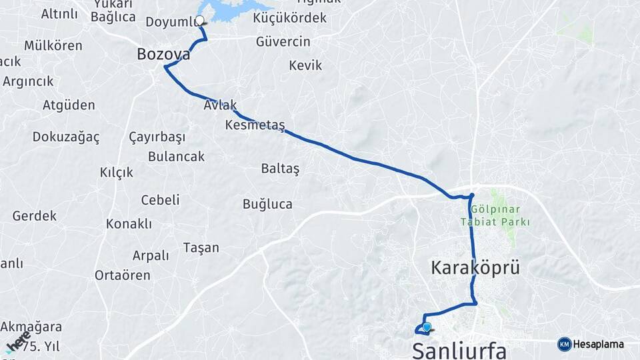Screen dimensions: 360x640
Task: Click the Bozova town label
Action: tap(163, 54)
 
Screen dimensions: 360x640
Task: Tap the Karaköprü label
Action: tap(475, 268)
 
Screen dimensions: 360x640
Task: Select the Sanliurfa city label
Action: tap(459, 351)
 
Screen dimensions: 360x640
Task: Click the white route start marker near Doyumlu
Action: tap(199, 21)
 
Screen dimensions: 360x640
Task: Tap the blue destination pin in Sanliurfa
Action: tap(427, 327)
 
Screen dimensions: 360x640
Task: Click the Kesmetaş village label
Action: tap(255, 125)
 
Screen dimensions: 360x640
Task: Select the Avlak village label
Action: tap(221, 105)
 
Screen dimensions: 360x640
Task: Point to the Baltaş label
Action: tap(280, 169)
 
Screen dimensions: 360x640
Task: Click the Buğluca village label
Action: tap(267, 204)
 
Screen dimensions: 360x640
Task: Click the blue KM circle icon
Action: tap(564, 344)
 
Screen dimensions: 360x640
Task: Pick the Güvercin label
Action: tap(283, 42)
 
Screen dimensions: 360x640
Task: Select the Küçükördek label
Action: tap(290, 18)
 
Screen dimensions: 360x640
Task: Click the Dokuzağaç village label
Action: tap(66, 137)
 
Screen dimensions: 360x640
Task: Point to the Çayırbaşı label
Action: tap(157, 137)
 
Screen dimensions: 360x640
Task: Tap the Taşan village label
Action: tap(201, 248)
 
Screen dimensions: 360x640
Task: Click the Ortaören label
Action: tap(122, 275)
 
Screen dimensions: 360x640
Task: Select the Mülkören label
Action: tap(53, 46)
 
